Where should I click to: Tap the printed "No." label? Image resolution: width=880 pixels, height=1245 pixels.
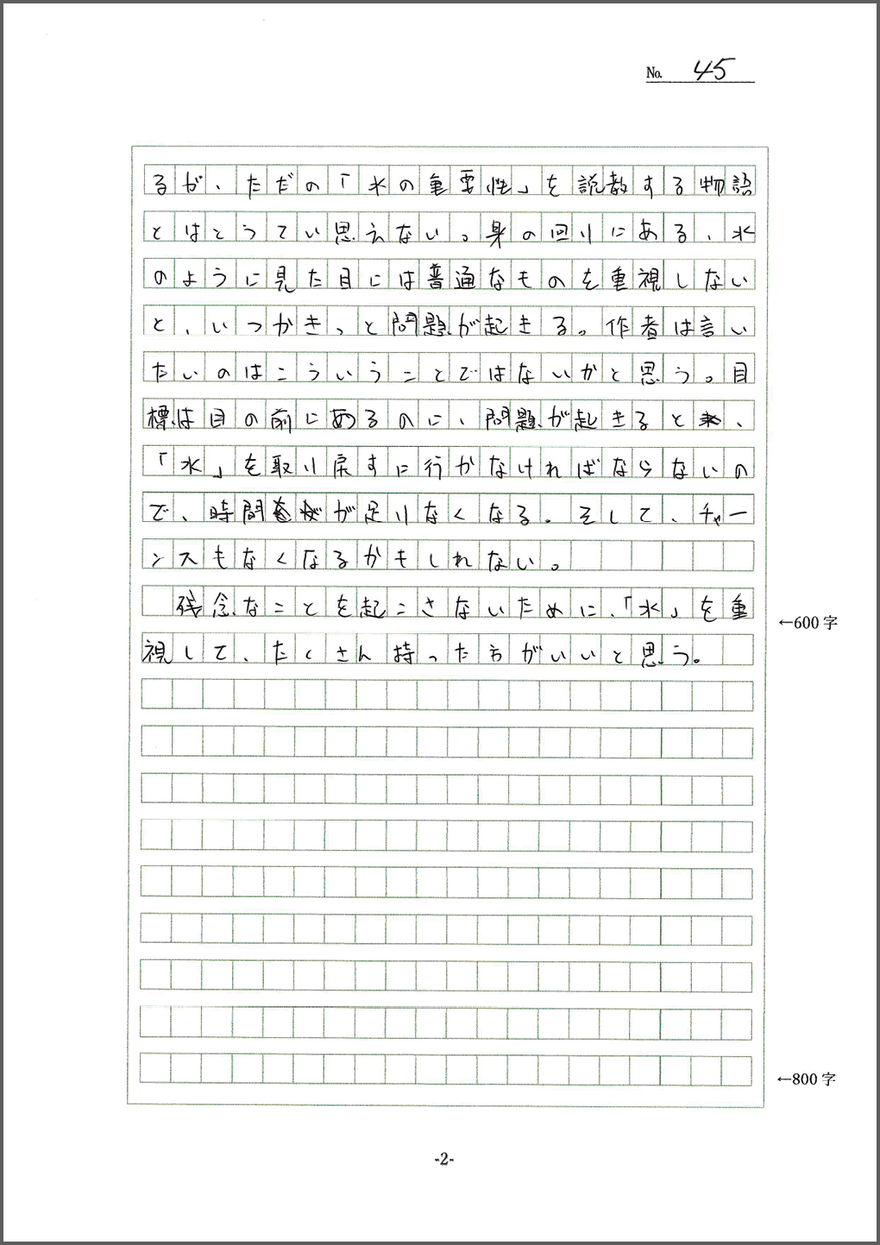654,74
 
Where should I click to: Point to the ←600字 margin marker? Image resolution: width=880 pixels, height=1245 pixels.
808,622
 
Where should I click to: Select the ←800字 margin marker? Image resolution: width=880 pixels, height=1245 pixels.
807,1078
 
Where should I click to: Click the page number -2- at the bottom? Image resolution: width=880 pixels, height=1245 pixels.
443,1160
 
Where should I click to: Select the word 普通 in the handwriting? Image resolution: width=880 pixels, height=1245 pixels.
449,280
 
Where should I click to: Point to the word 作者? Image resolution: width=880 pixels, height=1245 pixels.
632,326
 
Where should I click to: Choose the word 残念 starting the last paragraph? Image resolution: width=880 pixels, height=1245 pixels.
204,607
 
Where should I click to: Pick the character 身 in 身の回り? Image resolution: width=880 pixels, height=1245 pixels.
494,233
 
